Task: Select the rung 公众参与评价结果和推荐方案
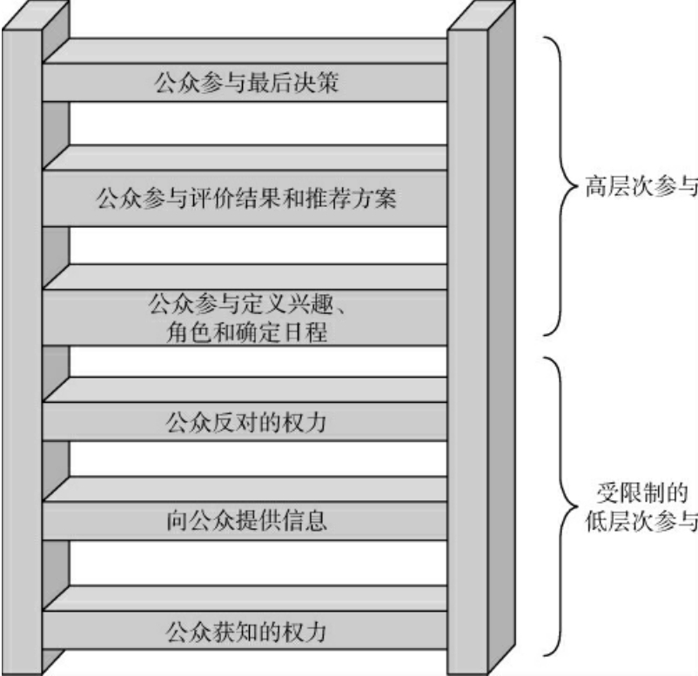pyautogui.click(x=245, y=198)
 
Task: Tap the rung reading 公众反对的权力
pyautogui.click(x=245, y=424)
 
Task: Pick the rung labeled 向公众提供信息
pyautogui.click(x=245, y=522)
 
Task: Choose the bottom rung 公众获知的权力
pyautogui.click(x=245, y=629)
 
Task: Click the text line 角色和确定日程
pyautogui.click(x=245, y=331)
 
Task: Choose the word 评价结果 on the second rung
pyautogui.click(x=245, y=198)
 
